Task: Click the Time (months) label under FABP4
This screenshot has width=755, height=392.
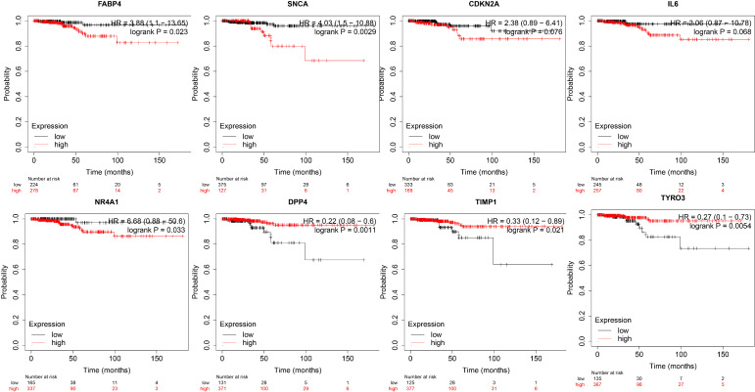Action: (106, 170)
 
